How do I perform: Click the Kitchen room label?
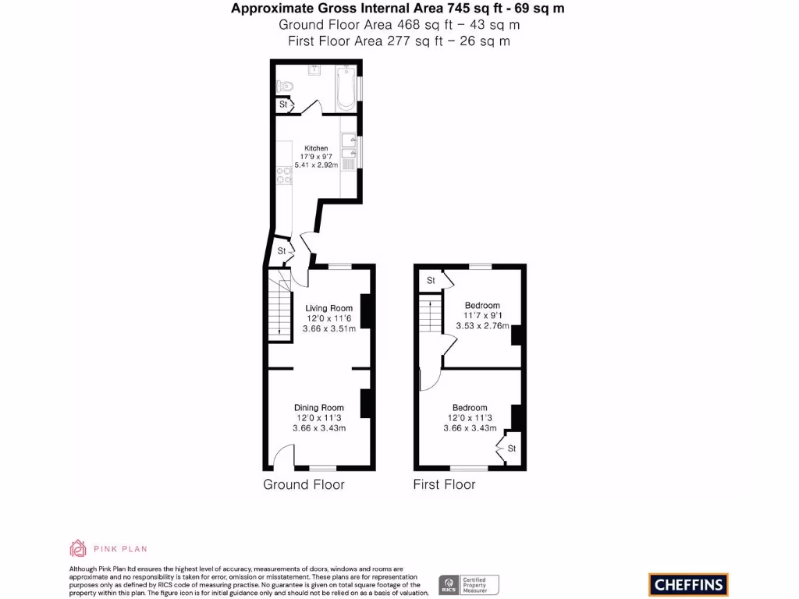316,148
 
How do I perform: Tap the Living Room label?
328,308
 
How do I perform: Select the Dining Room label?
318,407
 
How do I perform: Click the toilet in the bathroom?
286,85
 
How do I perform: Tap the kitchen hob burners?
284,179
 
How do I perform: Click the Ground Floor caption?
304,484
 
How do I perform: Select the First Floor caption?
444,484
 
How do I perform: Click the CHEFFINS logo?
688,584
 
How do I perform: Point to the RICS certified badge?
469,585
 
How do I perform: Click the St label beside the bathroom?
283,105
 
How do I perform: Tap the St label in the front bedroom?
512,448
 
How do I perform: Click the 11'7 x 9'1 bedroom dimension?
482,316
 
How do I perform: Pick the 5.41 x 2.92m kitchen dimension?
316,165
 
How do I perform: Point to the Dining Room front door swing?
286,455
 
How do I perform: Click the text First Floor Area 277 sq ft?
399,41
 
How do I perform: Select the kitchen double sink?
348,148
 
